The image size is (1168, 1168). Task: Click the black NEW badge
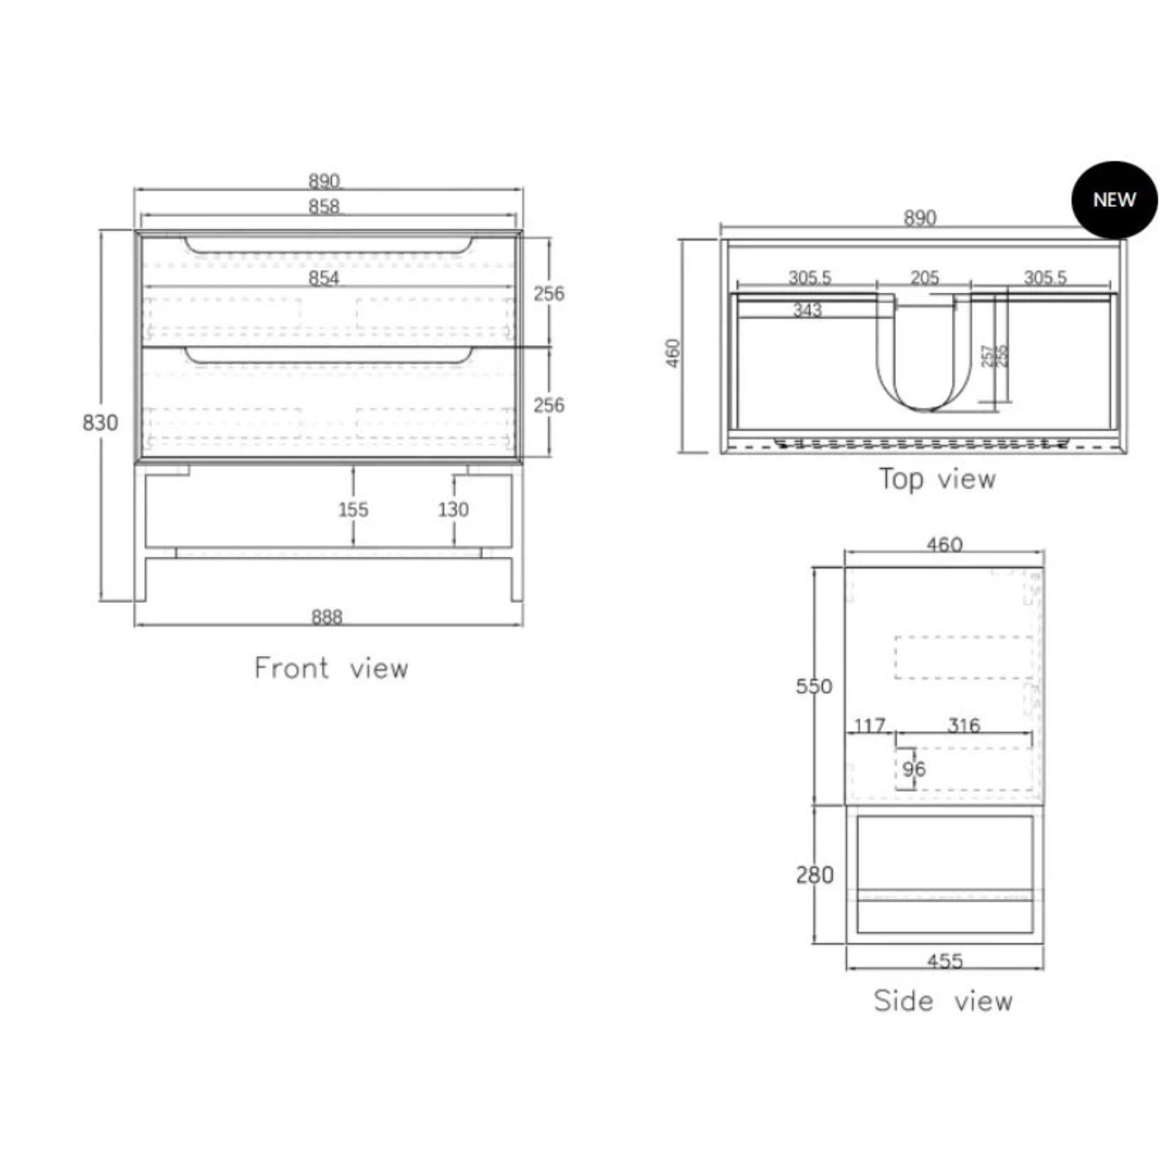(x=1114, y=200)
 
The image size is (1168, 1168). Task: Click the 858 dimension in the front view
(x=324, y=207)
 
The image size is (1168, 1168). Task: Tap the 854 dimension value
(x=324, y=278)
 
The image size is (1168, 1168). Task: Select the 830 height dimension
(x=100, y=423)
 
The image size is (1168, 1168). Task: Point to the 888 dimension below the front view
(x=326, y=617)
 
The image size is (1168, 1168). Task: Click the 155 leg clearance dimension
(x=353, y=510)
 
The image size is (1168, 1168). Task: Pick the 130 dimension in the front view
(x=453, y=510)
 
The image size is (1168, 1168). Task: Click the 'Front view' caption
(x=331, y=668)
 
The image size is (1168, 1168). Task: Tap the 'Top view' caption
(x=936, y=480)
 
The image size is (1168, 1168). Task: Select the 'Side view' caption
(x=943, y=1001)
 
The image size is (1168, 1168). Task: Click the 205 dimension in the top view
(x=924, y=278)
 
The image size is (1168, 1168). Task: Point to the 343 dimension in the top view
(x=808, y=310)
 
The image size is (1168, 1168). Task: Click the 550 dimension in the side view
(x=814, y=686)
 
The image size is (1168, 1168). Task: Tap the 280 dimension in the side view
(x=814, y=875)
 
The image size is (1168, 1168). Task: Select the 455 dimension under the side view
(x=944, y=960)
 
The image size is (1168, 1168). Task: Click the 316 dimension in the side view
(x=964, y=725)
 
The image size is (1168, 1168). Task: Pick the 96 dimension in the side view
(x=914, y=769)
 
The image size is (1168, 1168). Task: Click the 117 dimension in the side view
(x=869, y=725)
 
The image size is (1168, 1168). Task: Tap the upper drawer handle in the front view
(x=328, y=246)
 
